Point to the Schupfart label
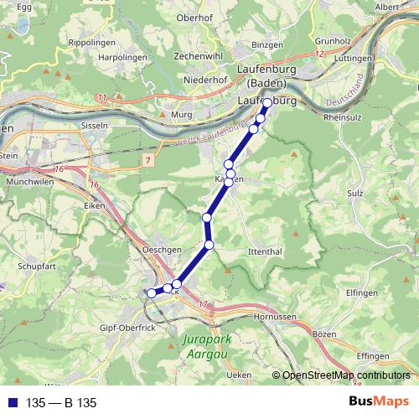36,266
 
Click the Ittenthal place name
266,251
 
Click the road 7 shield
147,159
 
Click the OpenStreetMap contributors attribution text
346,376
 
